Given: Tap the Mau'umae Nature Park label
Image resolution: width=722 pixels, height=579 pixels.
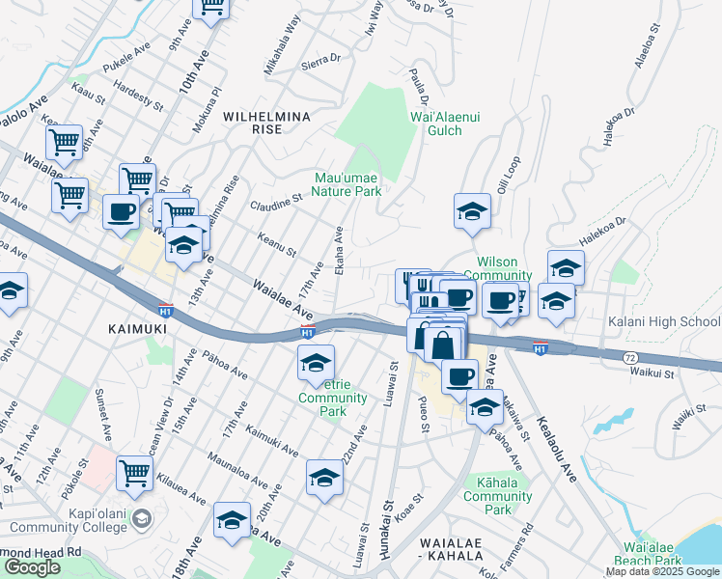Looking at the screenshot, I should click(348, 183).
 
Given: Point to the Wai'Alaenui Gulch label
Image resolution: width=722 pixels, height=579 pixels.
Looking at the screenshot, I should click(443, 123).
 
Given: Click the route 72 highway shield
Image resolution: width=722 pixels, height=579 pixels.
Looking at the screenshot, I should click(628, 357).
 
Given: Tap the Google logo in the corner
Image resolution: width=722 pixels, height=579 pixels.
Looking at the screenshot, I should click(32, 567).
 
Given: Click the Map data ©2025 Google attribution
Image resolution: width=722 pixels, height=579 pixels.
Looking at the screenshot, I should click(662, 571).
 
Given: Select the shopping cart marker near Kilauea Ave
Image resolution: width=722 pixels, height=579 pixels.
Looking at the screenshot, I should click(135, 472).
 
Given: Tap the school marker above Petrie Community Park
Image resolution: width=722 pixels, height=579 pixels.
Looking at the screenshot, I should click(316, 363).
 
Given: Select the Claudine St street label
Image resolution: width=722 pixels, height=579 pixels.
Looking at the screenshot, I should click(277, 201).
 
